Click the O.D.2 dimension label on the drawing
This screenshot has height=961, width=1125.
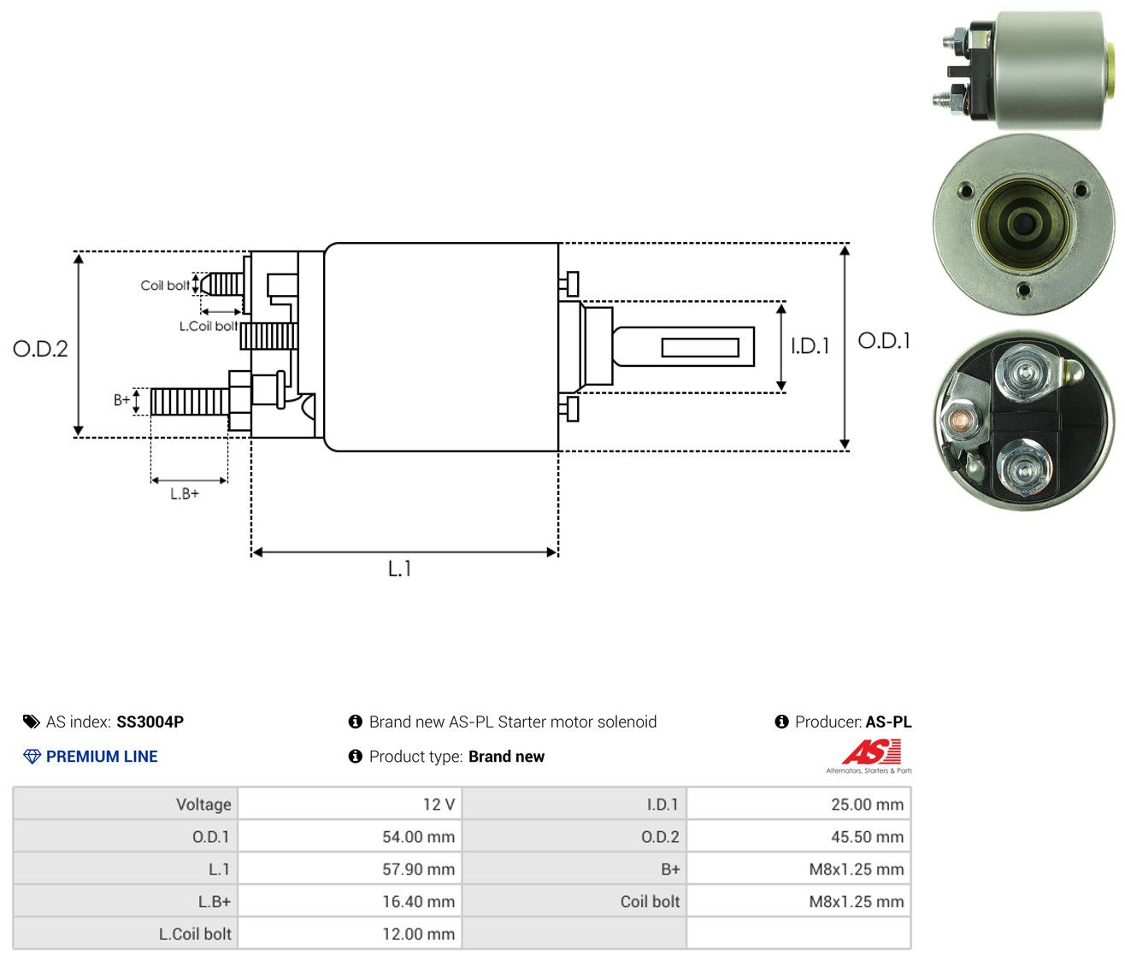pos(40,349)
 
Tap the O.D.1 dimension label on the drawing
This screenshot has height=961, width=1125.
pos(884,341)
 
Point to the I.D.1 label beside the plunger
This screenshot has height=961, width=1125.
pos(810,345)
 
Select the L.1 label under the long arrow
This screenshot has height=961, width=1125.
pos(399,569)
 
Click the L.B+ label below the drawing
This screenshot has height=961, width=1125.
pos(185,494)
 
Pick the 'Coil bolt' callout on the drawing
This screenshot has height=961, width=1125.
pos(165,286)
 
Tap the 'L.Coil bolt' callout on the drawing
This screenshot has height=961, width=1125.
pos(209,326)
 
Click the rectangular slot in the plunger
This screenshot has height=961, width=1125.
pos(700,347)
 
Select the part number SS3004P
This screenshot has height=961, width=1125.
pos(150,722)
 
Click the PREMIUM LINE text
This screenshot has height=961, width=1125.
pos(102,757)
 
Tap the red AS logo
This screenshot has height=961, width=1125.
pos(871,752)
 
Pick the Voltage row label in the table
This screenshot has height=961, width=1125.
pos(203,805)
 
